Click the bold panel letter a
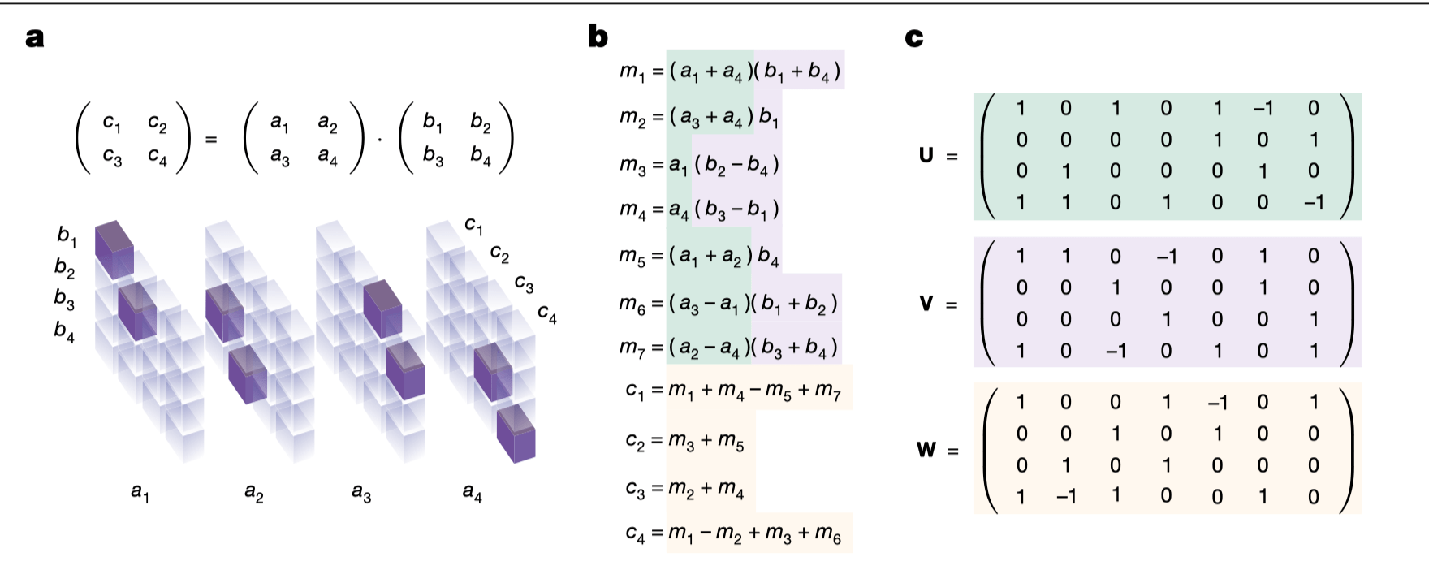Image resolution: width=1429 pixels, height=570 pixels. [x=34, y=37]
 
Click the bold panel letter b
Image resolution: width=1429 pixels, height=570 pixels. [x=598, y=37]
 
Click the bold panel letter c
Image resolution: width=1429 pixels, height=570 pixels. [x=913, y=37]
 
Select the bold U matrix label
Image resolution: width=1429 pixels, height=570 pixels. [x=926, y=154]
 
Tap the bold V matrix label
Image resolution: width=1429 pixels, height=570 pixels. [x=926, y=304]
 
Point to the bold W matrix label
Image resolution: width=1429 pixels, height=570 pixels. [x=926, y=449]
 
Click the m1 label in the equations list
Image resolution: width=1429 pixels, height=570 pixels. [x=631, y=71]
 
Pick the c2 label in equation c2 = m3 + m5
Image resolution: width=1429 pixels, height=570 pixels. [x=636, y=440]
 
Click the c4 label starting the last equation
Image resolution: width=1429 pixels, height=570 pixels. [x=636, y=533]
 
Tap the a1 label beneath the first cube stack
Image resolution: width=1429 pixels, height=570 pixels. [x=140, y=492]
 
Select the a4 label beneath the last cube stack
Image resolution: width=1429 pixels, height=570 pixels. [x=472, y=492]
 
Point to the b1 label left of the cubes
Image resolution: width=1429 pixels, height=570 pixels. [x=67, y=236]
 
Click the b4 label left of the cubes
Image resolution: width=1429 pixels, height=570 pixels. [x=64, y=330]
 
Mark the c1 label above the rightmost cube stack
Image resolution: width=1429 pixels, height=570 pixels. [x=474, y=225]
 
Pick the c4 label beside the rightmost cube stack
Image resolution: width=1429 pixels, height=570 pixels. [x=547, y=314]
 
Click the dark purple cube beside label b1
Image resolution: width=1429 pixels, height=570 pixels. [x=114, y=248]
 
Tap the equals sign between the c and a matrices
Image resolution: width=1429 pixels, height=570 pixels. [x=211, y=140]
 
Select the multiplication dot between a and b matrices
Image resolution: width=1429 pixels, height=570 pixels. [x=379, y=139]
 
